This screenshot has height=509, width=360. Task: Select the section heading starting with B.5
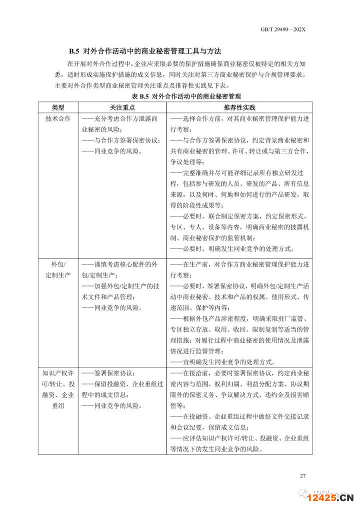[145, 51]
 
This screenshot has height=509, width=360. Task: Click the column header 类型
[58, 107]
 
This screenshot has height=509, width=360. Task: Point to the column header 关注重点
[122, 107]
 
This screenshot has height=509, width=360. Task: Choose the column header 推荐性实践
[240, 107]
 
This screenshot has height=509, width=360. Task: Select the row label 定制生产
[58, 275]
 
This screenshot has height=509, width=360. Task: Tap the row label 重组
[58, 405]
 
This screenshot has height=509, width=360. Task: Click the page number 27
[302, 475]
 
